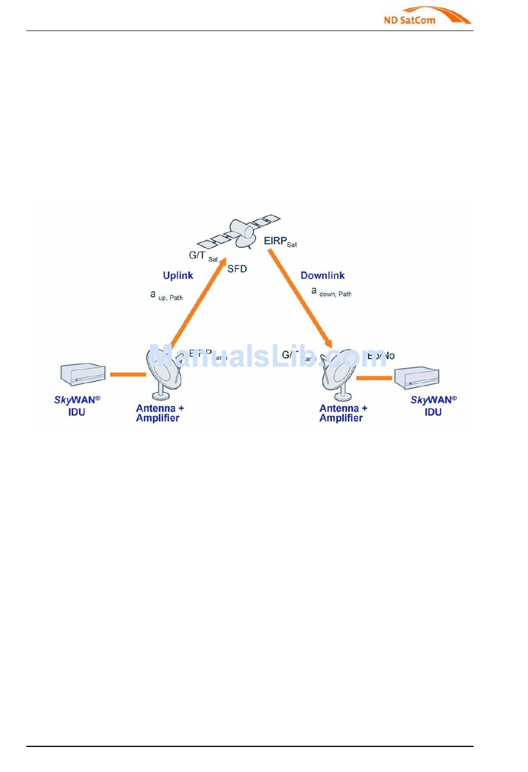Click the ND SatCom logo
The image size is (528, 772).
[426, 16]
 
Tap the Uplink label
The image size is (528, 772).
[178, 275]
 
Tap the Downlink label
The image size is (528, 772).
[322, 275]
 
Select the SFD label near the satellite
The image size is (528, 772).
[237, 269]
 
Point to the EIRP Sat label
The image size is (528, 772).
[280, 241]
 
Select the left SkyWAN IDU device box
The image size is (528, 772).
[83, 374]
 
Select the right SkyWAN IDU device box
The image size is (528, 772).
[417, 378]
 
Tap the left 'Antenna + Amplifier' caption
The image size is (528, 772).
[160, 413]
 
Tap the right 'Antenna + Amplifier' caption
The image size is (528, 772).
[343, 413]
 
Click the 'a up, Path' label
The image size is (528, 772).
[166, 295]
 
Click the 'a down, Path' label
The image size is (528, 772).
[331, 292]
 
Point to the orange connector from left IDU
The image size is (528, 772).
[127, 374]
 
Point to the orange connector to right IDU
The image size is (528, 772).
[374, 378]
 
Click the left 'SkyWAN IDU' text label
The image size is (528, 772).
[77, 406]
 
